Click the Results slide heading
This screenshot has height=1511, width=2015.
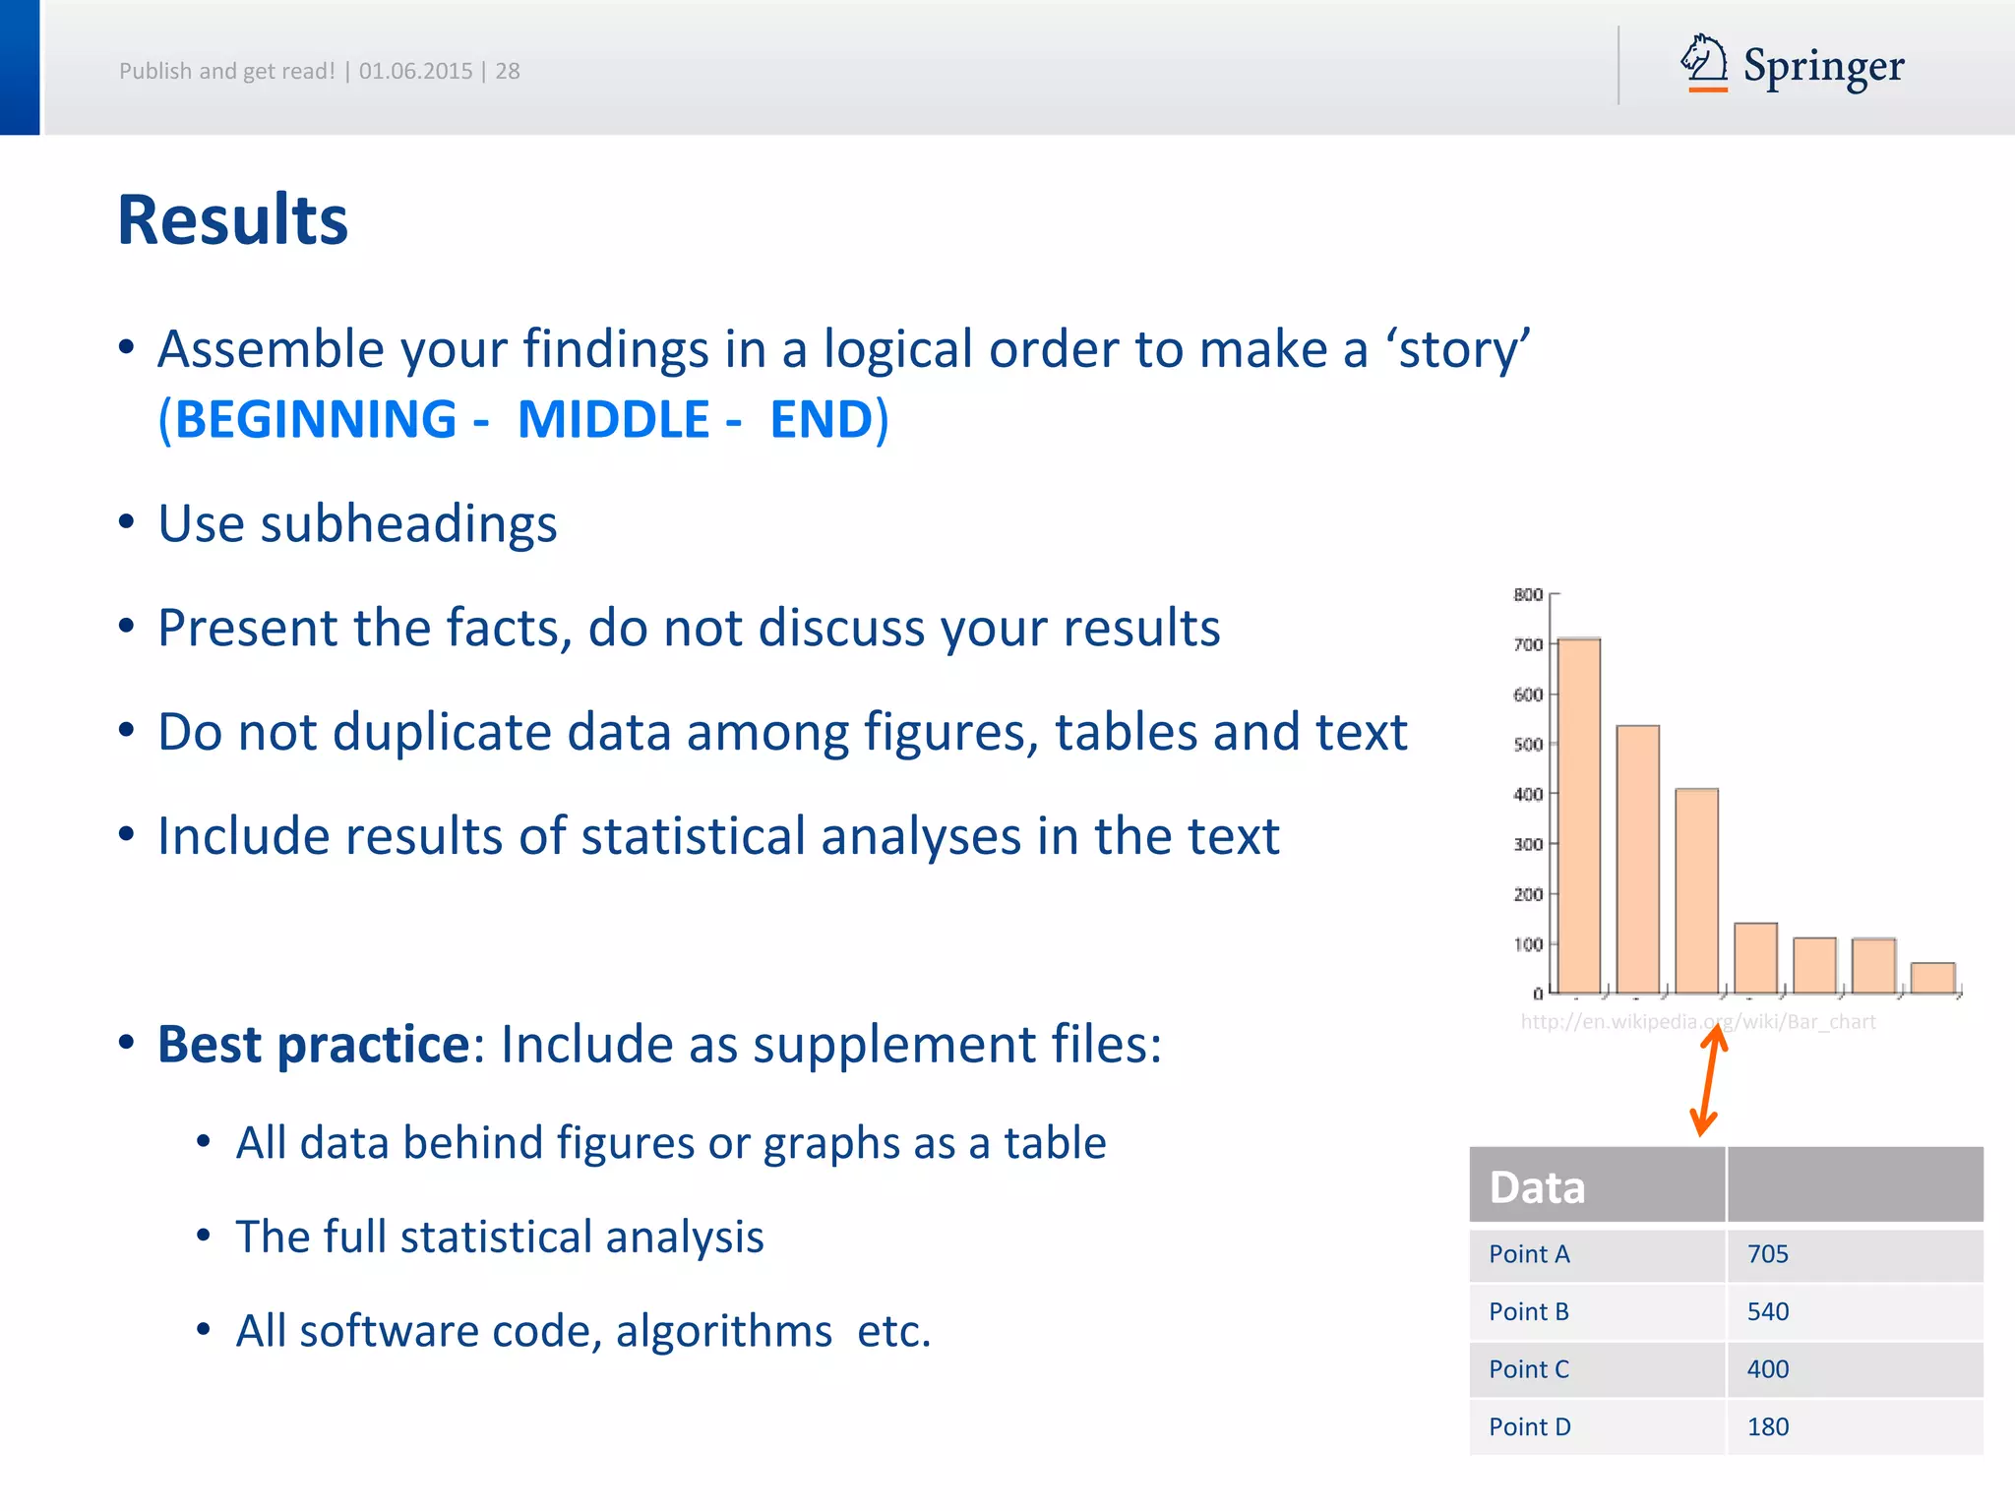pyautogui.click(x=232, y=219)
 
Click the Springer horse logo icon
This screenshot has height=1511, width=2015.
pyautogui.click(x=1704, y=62)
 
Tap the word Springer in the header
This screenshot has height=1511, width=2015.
pyautogui.click(x=1823, y=67)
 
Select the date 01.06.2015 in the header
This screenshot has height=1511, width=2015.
pyautogui.click(x=415, y=71)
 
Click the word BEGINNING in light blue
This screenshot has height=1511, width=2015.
pyautogui.click(x=315, y=419)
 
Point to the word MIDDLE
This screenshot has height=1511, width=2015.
pyautogui.click(x=613, y=419)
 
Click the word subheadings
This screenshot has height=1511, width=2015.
pyautogui.click(x=408, y=523)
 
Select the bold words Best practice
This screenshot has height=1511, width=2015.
pyautogui.click(x=313, y=1044)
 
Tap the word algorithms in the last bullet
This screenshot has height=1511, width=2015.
pyautogui.click(x=723, y=1331)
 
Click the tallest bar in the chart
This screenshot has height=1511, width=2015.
pyautogui.click(x=1579, y=816)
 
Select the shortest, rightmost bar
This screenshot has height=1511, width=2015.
pyautogui.click(x=1932, y=978)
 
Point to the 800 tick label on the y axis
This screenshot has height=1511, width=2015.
pyautogui.click(x=1527, y=594)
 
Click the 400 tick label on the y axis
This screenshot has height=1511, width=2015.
pyautogui.click(x=1527, y=794)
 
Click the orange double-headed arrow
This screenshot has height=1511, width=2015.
pyautogui.click(x=1709, y=1080)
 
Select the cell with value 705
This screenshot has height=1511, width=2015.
pyautogui.click(x=1768, y=1254)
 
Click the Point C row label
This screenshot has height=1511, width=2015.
pyautogui.click(x=1529, y=1369)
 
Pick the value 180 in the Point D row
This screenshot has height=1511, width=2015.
pyautogui.click(x=1768, y=1427)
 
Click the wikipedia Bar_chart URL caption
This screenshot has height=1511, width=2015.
pyautogui.click(x=1697, y=1021)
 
